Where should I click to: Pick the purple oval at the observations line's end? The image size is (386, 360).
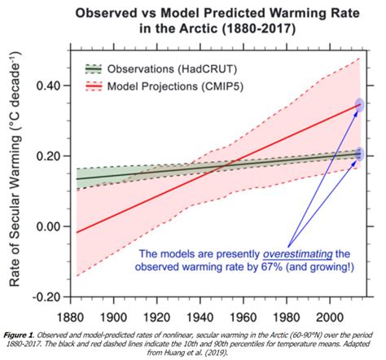pos(360,154)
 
